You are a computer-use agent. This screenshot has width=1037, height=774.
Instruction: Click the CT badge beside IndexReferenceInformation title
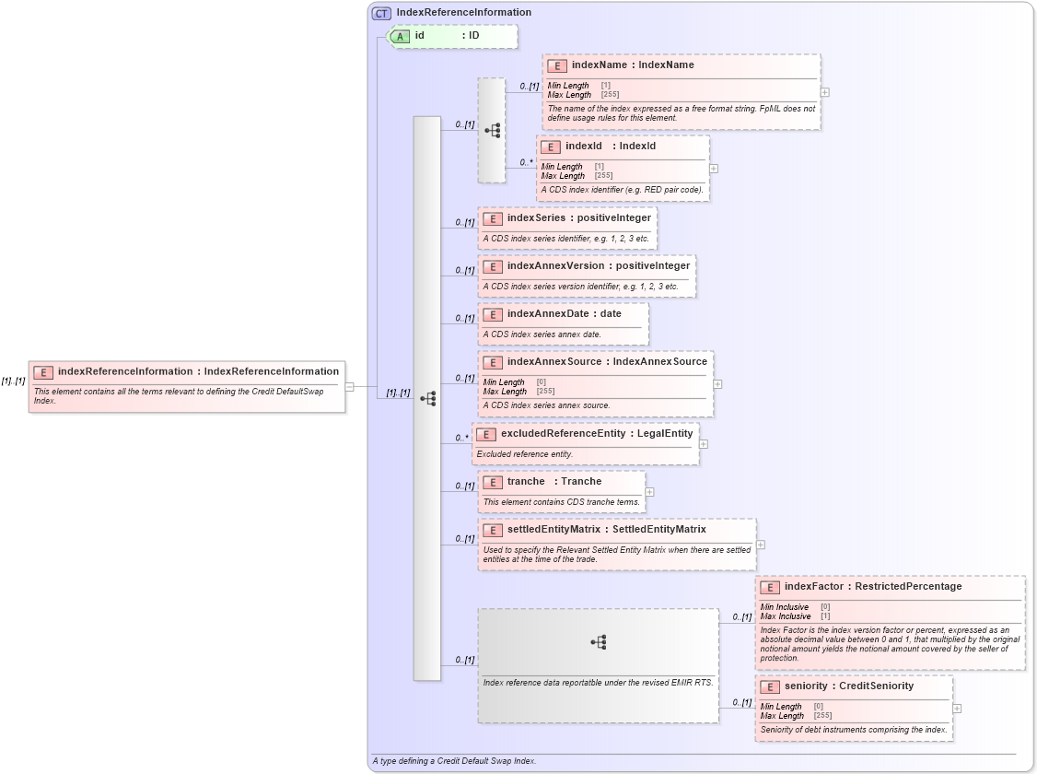point(381,13)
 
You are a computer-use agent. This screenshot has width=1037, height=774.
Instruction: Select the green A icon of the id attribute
point(400,36)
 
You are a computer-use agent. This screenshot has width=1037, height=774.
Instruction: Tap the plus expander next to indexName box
point(824,92)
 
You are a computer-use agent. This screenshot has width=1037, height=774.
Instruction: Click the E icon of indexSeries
point(493,218)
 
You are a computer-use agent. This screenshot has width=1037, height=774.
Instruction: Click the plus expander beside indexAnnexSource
point(717,384)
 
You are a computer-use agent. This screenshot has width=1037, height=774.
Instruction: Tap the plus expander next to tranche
point(649,492)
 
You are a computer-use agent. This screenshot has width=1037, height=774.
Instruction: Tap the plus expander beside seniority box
point(957,709)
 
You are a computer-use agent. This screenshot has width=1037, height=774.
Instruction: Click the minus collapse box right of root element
point(349,387)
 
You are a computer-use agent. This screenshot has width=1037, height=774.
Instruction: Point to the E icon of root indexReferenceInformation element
point(43,372)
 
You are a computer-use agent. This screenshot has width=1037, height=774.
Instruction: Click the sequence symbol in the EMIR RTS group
point(598,643)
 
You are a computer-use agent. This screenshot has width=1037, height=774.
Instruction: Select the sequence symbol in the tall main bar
point(427,399)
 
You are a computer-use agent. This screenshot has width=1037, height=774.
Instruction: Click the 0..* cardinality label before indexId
point(526,163)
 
